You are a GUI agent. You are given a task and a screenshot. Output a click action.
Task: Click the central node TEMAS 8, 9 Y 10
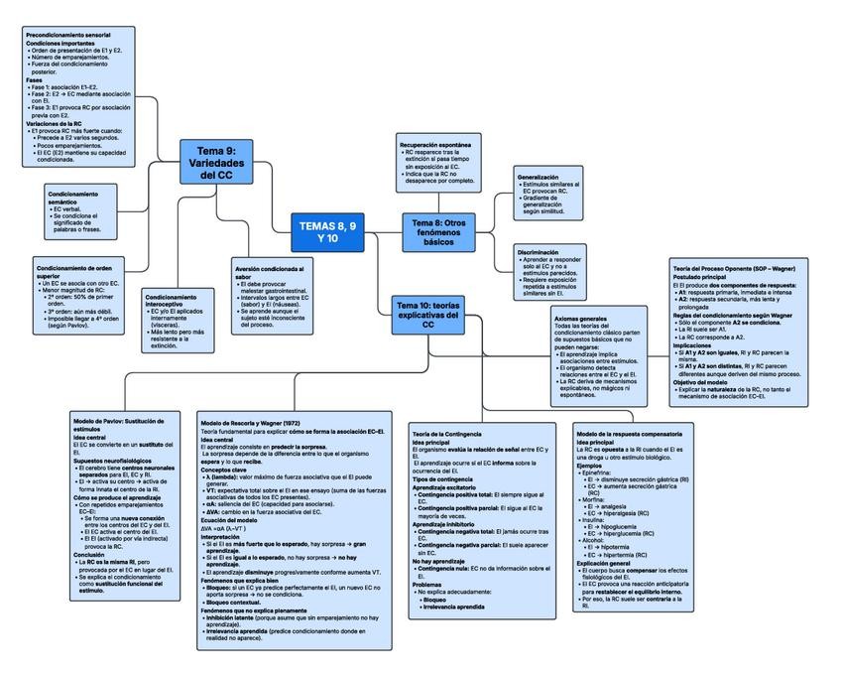(327, 232)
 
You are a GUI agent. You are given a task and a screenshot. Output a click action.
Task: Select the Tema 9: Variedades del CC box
(211, 162)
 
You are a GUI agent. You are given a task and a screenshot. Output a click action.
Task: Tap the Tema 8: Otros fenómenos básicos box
(438, 231)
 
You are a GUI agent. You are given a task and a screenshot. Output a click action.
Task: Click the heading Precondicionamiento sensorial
(67, 35)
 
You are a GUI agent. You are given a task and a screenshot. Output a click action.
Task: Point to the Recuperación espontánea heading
(434, 145)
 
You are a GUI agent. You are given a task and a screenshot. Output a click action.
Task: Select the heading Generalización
(539, 178)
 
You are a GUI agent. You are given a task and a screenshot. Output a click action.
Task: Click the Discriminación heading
(539, 253)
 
